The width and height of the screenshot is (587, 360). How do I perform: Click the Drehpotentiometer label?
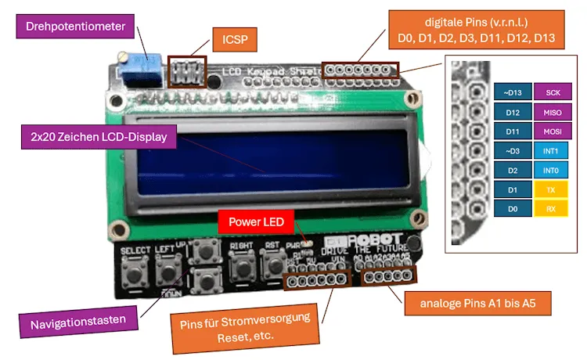coord(75,27)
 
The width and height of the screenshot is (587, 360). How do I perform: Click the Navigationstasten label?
coord(78,322)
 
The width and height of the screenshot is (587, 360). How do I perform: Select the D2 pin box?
coord(513,169)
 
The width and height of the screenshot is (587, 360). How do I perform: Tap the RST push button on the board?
coord(275,270)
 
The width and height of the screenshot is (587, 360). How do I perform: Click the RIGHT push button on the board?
coord(238,270)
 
